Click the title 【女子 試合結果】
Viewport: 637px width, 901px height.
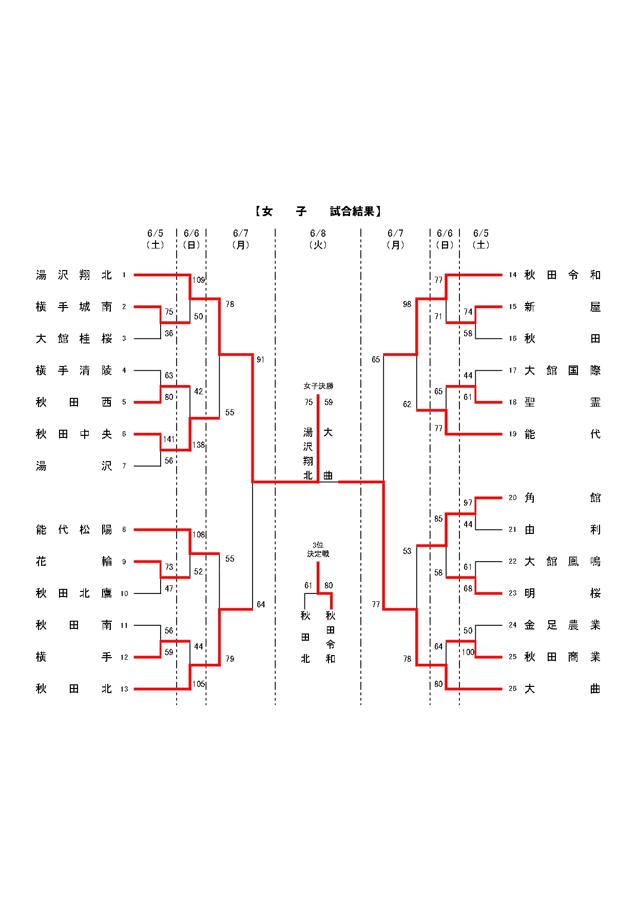click(318, 211)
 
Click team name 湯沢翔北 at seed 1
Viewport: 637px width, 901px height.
click(74, 275)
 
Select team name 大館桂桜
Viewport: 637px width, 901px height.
click(74, 339)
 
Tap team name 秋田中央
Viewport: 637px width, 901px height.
click(74, 434)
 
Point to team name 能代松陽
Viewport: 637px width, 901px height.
click(74, 530)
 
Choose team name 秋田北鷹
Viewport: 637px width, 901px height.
click(74, 593)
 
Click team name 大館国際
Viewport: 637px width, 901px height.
click(562, 371)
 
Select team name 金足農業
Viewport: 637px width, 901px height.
click(562, 625)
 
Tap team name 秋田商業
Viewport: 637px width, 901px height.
click(562, 657)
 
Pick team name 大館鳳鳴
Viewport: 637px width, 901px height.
click(562, 562)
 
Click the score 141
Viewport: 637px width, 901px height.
click(169, 439)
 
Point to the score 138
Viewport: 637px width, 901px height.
click(199, 445)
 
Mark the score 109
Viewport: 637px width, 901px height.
click(199, 280)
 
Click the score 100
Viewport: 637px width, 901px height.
click(468, 653)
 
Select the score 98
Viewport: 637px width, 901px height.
click(407, 304)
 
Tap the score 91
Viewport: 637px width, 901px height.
click(261, 360)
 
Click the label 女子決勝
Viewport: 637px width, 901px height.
click(318, 386)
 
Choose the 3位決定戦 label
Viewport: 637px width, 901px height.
click(318, 549)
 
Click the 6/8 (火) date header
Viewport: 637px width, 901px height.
click(318, 239)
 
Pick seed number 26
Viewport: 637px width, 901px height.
click(512, 689)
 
